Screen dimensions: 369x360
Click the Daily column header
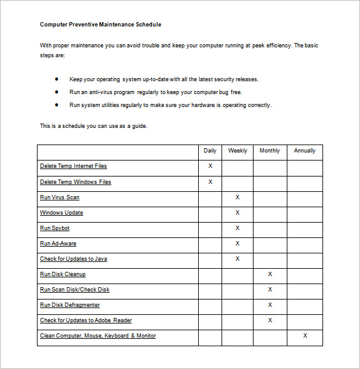click(x=210, y=151)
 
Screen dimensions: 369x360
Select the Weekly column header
click(x=238, y=151)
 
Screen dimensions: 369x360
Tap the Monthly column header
click(x=270, y=151)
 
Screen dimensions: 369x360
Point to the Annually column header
click(x=305, y=151)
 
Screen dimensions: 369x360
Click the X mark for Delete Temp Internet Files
click(x=210, y=166)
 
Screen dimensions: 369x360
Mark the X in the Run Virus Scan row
click(x=238, y=197)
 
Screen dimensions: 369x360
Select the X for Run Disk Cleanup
click(x=270, y=274)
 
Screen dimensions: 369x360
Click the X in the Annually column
click(x=305, y=336)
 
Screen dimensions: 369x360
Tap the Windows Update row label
click(x=62, y=213)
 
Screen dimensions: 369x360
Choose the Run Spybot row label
click(x=55, y=228)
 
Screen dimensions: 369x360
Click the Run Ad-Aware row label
click(x=58, y=244)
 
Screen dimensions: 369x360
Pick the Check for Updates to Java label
click(x=73, y=259)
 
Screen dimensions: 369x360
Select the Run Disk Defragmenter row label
click(x=70, y=305)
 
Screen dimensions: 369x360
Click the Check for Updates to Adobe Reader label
click(x=86, y=320)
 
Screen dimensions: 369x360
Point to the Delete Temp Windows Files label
click(x=75, y=182)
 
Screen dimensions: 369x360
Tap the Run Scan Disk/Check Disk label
click(x=74, y=290)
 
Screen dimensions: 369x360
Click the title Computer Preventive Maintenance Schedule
click(x=100, y=25)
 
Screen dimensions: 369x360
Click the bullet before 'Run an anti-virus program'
click(x=57, y=92)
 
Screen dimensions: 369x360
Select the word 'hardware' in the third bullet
click(x=196, y=105)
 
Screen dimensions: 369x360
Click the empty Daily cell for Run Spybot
click(x=210, y=228)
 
